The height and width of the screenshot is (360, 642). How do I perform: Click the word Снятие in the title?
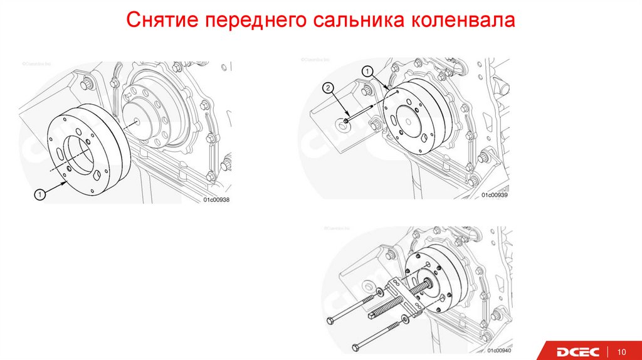point(159,20)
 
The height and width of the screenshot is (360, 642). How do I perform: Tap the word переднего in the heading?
point(250,20)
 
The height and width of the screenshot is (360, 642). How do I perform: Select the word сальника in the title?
point(352,20)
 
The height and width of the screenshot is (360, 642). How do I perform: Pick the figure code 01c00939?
point(494,195)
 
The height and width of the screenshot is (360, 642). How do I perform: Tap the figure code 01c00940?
point(497,349)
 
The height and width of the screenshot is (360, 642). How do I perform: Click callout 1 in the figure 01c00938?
point(38,196)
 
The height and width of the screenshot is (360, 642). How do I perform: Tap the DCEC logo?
point(577,351)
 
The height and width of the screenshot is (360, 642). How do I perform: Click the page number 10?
point(623,351)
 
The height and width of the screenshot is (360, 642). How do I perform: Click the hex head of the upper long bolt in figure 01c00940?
point(331,320)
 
